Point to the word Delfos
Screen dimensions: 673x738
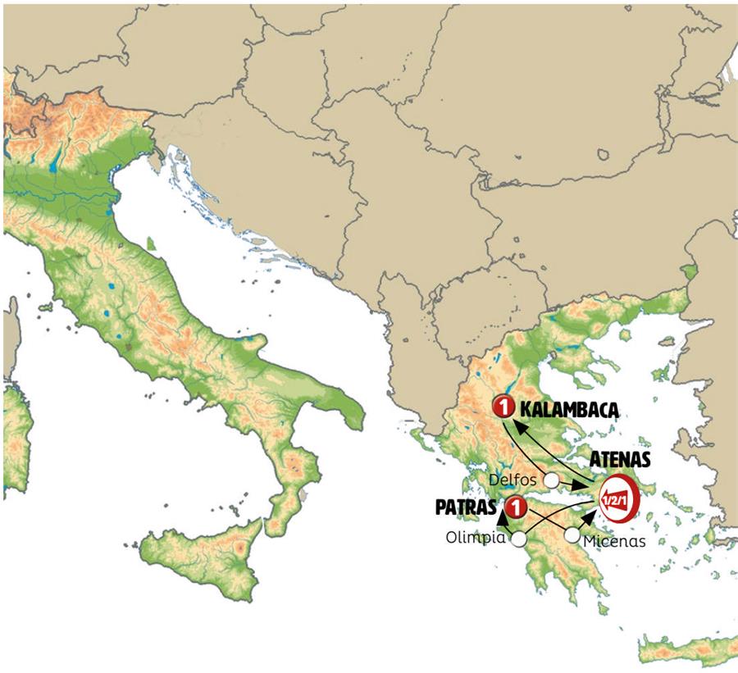pyautogui.click(x=514, y=478)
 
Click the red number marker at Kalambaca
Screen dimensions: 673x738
pyautogui.click(x=503, y=405)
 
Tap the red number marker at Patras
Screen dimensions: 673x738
pyautogui.click(x=515, y=506)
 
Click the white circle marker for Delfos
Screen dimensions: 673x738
pyautogui.click(x=553, y=479)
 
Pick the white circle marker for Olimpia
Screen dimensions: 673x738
pyautogui.click(x=518, y=539)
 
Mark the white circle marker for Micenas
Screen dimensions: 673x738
pyautogui.click(x=572, y=535)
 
